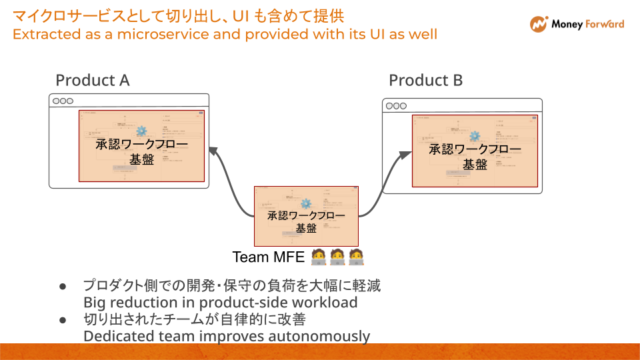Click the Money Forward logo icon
[x=539, y=24]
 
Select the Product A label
[x=92, y=81]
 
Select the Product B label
[x=425, y=81]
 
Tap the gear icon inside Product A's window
[x=141, y=131]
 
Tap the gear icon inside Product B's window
[x=475, y=136]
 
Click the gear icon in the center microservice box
[x=306, y=204]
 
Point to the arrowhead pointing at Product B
[x=405, y=155]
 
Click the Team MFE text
[x=268, y=257]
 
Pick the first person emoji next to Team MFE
[x=319, y=257]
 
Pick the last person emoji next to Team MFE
[x=356, y=257]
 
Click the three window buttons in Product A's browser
[x=63, y=101]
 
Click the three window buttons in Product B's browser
[x=395, y=106]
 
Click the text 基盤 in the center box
[x=306, y=228]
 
